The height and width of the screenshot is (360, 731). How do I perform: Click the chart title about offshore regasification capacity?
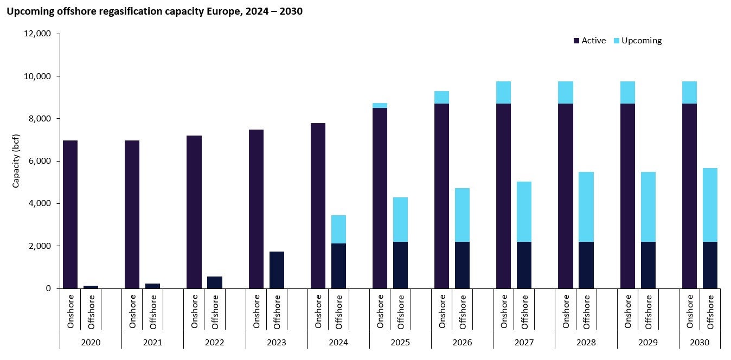tap(154, 11)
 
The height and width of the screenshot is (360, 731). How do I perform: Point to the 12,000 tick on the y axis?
tap(39, 34)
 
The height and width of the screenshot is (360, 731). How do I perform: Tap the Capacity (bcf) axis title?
tap(16, 160)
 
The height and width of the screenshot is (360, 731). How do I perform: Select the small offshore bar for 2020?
tap(91, 287)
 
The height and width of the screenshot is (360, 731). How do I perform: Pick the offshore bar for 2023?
tap(277, 270)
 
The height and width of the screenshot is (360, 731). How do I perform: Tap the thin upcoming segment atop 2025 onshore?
tap(380, 105)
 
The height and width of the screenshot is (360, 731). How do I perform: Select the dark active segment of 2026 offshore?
tap(462, 265)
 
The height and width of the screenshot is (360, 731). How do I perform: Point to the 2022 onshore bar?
tap(194, 211)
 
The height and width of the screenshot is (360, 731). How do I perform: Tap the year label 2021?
tap(152, 343)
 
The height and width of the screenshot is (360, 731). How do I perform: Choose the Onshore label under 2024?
tap(318, 311)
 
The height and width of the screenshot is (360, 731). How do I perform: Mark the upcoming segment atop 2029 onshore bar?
tap(627, 93)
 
